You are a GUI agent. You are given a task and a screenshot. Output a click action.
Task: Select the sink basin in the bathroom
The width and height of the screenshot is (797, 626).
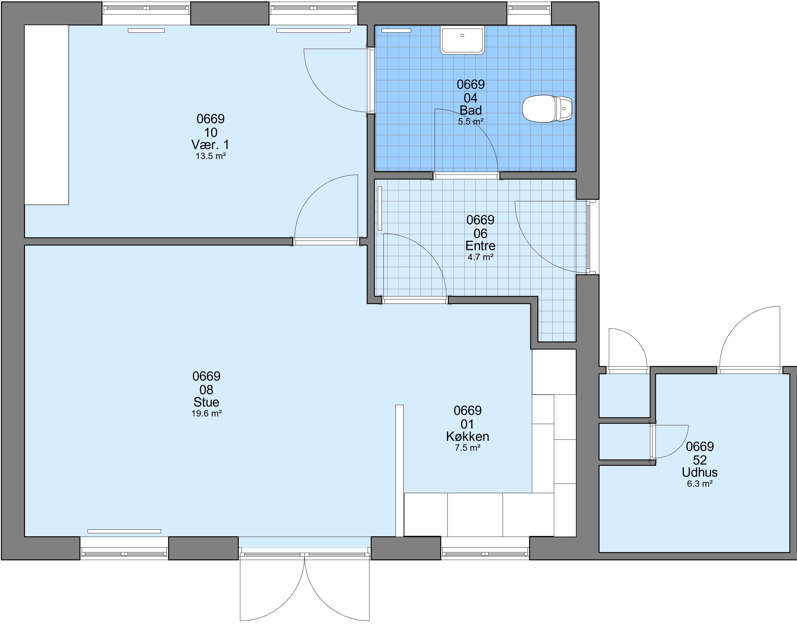(462, 40)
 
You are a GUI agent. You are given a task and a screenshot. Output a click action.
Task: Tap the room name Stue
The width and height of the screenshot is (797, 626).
(206, 402)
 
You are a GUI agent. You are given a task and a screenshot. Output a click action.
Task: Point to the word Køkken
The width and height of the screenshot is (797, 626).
(467, 436)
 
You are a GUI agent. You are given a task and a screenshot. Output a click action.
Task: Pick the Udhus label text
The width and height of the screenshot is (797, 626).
(700, 472)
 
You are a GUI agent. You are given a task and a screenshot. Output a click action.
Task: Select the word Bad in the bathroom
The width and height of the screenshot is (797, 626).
(471, 110)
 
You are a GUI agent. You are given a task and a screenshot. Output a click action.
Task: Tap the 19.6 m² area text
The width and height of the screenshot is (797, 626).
(206, 413)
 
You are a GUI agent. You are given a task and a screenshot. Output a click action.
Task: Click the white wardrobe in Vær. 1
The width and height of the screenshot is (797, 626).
(47, 115)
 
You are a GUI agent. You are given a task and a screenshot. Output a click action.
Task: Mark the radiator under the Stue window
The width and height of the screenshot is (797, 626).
(124, 531)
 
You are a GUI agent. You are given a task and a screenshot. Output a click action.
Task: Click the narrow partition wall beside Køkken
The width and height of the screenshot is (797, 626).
(400, 471)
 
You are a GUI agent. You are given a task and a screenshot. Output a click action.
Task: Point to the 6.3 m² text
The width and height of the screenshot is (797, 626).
(700, 484)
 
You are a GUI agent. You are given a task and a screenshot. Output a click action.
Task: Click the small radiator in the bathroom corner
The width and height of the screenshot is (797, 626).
(396, 30)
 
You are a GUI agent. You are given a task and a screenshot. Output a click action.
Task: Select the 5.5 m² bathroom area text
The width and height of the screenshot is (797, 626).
(471, 121)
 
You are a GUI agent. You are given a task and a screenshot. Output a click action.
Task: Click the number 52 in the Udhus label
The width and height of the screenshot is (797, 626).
(700, 460)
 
